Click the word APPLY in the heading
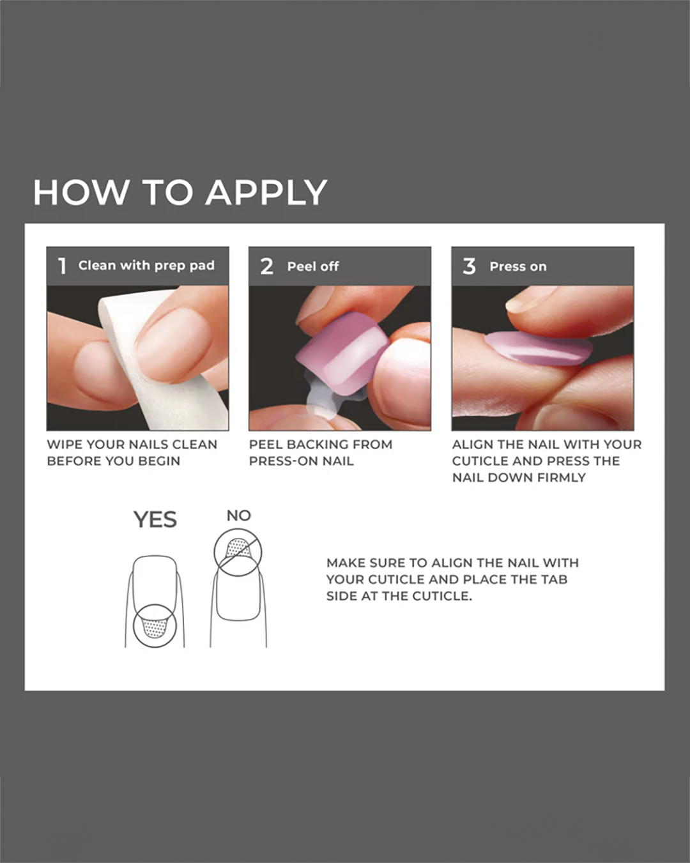267,193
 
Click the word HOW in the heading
80,192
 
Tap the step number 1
63,266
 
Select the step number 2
267,266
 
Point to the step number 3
469,266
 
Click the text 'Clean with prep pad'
146,266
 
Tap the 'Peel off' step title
313,266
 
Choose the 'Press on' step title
518,266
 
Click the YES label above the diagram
155,520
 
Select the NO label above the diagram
239,516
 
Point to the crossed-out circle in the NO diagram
238,552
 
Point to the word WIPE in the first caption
64,445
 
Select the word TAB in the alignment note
555,579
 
